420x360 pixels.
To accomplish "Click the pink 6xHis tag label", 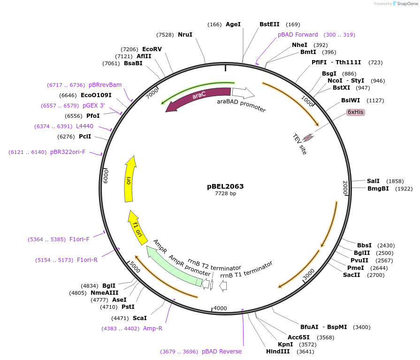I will tap(355, 112).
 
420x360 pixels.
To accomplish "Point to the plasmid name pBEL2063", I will tap(225, 186).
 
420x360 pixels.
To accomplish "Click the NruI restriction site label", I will tap(185, 35).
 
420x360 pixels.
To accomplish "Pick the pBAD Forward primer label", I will tap(298, 35).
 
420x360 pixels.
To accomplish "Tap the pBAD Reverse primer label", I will tap(221, 352).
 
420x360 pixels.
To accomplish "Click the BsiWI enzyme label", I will tap(351, 100).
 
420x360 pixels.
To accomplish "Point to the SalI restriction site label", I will tap(373, 181).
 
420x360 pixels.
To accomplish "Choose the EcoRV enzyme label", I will tap(152, 49).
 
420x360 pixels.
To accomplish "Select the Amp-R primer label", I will tap(153, 329).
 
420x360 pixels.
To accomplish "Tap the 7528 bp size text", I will tap(225, 193).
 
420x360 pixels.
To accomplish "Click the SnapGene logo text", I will tap(405, 4).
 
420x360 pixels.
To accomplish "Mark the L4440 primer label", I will tap(84, 126).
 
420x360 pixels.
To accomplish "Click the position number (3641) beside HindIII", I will tap(305, 351).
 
